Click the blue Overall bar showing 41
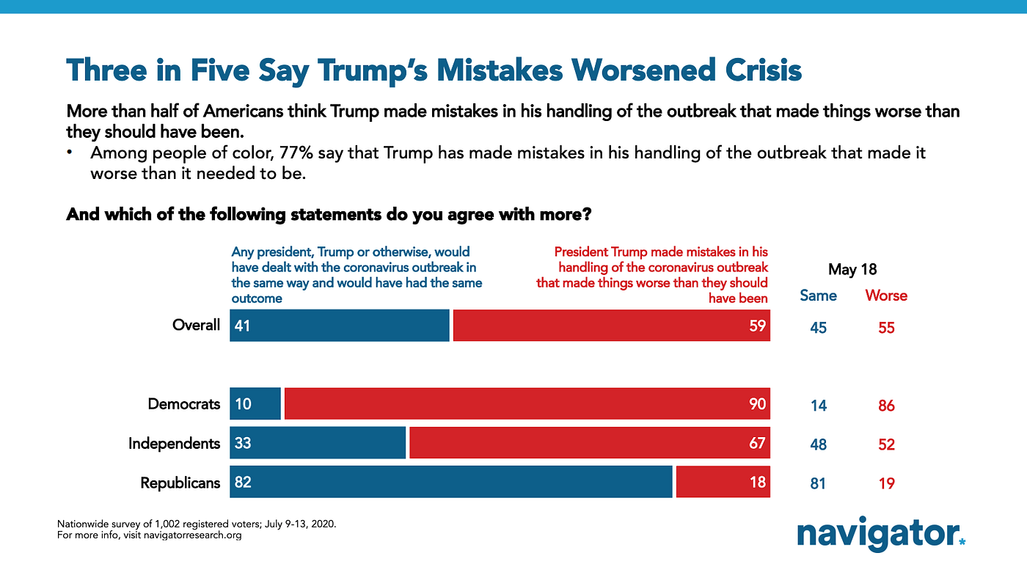coord(339,326)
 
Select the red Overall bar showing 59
coord(611,326)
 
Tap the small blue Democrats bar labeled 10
coord(255,404)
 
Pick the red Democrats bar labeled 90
coord(527,404)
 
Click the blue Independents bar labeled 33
coord(318,443)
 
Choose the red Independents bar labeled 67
coord(589,443)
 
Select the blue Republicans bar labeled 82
coord(450,482)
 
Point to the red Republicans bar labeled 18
coord(723,482)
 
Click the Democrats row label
coord(183,404)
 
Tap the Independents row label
coord(174,443)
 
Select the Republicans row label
coord(180,483)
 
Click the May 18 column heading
coord(852,269)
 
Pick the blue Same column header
coord(818,296)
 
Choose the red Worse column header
coord(886,296)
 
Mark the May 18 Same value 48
coord(818,444)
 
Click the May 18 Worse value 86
coord(886,406)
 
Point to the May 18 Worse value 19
coord(886,483)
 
